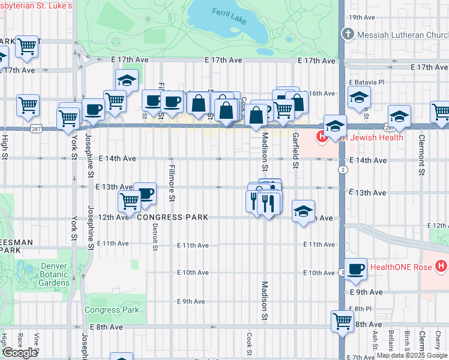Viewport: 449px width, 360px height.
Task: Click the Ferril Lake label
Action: [x=229, y=15]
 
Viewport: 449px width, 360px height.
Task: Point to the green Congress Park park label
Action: [x=112, y=310]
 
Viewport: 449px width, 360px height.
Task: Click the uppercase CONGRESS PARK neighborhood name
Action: [x=172, y=217]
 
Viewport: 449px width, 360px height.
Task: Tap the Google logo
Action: [x=20, y=353]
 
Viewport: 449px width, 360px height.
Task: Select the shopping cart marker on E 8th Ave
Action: [x=342, y=321]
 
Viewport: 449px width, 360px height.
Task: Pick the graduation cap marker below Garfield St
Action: [x=304, y=211]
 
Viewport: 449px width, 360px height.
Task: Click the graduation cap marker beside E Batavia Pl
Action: [x=359, y=97]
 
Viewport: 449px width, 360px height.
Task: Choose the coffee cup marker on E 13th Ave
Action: [x=145, y=193]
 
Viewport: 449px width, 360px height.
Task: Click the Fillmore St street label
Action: [x=172, y=182]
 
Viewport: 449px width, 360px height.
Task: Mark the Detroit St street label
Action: [x=155, y=230]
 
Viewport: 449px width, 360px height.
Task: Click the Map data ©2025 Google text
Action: [x=411, y=355]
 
